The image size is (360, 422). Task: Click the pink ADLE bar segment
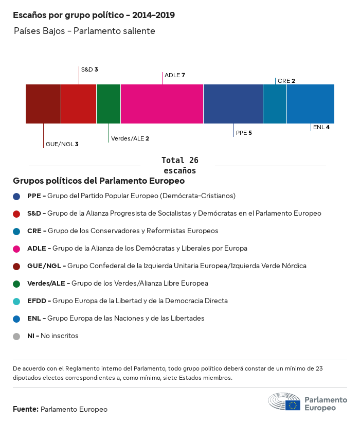tap(162, 104)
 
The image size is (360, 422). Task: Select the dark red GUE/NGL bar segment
tap(43, 104)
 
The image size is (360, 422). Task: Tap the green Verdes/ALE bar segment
tap(109, 104)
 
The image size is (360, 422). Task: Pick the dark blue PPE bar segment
tap(233, 104)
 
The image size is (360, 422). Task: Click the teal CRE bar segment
tap(275, 104)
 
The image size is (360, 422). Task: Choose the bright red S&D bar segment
tap(79, 104)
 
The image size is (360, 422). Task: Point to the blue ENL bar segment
tap(311, 104)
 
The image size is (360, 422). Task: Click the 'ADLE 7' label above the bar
tap(175, 75)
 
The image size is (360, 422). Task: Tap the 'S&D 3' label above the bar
tap(89, 69)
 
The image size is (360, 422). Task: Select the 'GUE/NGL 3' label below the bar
tap(62, 144)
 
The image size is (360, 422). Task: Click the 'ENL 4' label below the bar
tap(321, 127)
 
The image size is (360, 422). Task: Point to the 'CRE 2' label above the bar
tap(286, 81)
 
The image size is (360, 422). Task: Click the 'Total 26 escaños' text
tap(179, 165)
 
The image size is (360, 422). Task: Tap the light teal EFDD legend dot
tap(16, 301)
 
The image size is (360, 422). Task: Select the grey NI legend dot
tap(16, 336)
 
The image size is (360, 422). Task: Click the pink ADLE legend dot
tap(16, 249)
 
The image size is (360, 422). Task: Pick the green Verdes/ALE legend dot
tap(16, 284)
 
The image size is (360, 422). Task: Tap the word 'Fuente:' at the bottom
tap(26, 409)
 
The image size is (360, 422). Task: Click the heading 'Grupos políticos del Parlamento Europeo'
tap(99, 181)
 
